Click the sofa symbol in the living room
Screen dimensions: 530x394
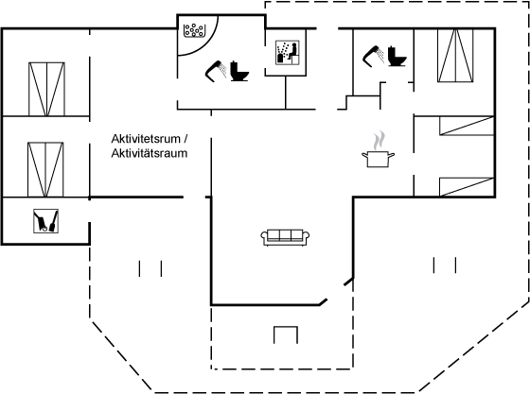point(285,237)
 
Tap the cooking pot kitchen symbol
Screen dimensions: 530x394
point(378,159)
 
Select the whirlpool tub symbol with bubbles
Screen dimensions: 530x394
point(194,30)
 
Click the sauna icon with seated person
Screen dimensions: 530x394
point(288,53)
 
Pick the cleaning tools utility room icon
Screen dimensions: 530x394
point(46,221)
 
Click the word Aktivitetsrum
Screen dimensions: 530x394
point(146,139)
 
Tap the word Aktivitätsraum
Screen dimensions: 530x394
point(150,153)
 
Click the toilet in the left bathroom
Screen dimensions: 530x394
point(239,71)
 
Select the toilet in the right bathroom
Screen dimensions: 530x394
point(397,57)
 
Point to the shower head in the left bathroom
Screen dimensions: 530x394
point(216,71)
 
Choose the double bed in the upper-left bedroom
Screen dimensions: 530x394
point(46,89)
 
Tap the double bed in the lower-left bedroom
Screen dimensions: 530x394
point(45,170)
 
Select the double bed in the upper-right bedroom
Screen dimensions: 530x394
point(455,56)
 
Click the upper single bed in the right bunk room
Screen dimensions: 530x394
point(467,126)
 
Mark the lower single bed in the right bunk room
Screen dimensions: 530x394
point(467,187)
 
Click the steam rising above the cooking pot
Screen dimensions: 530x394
point(380,141)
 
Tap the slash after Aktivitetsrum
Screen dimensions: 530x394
point(185,139)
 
